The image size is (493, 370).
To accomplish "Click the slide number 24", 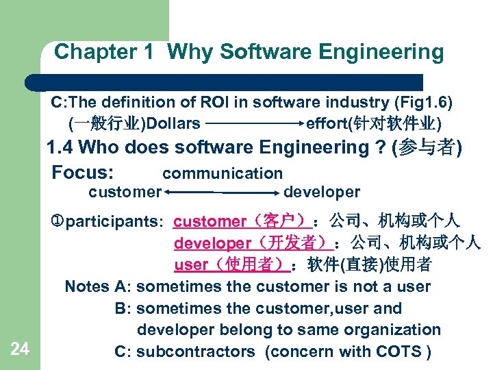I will [x=20, y=349].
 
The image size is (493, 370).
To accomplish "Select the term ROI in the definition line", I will [x=216, y=103].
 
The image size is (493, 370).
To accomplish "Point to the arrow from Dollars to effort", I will [x=254, y=125].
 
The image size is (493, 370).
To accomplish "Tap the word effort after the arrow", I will [x=328, y=124].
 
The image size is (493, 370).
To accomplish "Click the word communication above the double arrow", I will [x=223, y=174].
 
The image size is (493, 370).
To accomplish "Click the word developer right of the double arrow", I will [x=321, y=193].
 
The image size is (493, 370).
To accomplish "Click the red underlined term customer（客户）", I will [x=243, y=222].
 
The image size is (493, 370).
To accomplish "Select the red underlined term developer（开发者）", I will [x=253, y=243].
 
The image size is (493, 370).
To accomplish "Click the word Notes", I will [x=87, y=286].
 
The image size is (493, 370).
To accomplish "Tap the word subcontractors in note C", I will [x=195, y=351].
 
